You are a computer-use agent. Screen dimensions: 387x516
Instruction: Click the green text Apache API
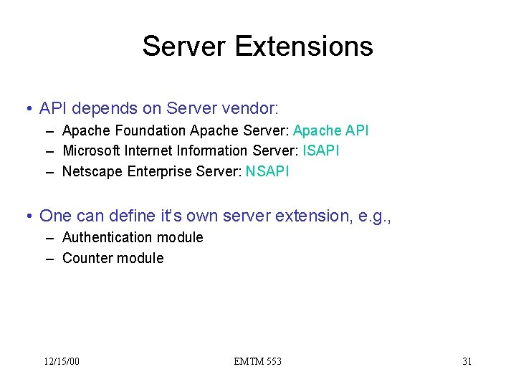point(331,130)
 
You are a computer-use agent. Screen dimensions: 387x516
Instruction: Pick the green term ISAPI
point(321,150)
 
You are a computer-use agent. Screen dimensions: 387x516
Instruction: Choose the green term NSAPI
point(267,171)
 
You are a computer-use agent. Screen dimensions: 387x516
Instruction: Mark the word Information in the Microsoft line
point(213,150)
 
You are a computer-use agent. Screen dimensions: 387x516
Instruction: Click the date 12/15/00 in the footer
point(62,361)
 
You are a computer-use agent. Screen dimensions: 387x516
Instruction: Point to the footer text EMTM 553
point(257,361)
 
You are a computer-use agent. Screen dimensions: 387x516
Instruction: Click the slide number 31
point(467,361)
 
